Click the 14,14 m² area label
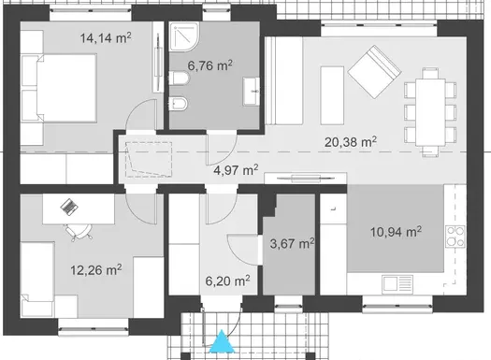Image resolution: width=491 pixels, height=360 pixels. point(106,38)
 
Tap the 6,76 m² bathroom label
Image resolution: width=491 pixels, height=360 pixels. point(209,65)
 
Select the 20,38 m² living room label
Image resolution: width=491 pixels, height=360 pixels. point(351,142)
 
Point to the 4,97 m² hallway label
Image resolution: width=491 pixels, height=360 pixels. point(236,170)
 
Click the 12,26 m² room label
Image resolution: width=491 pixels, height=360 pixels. point(95,270)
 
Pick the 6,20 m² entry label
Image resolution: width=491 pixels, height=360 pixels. point(227,281)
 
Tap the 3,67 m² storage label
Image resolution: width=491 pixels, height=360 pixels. point(292,243)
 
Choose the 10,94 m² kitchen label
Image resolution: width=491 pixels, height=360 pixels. point(396,232)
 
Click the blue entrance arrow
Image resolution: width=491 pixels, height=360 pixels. point(222,341)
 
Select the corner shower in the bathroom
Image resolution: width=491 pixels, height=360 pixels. point(184,36)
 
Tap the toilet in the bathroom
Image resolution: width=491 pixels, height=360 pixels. point(180,79)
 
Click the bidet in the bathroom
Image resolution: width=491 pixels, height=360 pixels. point(179,104)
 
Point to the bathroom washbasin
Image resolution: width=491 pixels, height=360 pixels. point(252,92)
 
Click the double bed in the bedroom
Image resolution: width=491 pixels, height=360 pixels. point(60,88)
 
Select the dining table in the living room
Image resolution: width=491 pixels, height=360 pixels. point(430,112)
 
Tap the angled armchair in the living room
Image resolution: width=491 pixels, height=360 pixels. point(374,72)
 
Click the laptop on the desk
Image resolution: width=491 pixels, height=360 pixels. point(69,207)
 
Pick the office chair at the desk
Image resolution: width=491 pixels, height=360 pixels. point(79,233)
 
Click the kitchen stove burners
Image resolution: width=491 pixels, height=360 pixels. point(455,236)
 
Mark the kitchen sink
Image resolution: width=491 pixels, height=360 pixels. point(397,282)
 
